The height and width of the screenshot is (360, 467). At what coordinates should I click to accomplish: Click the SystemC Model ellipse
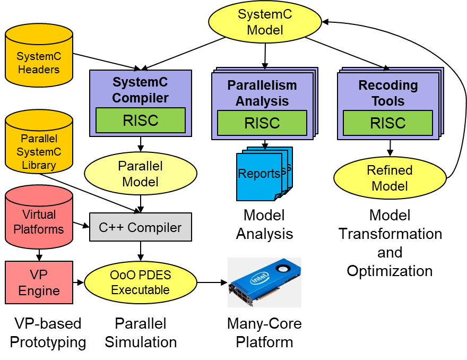click(x=265, y=22)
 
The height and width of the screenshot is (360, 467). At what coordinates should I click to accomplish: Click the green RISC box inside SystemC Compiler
click(x=140, y=120)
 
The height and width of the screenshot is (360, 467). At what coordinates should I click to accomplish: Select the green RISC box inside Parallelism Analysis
click(x=262, y=123)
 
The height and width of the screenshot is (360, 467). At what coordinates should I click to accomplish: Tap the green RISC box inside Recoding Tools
click(x=388, y=123)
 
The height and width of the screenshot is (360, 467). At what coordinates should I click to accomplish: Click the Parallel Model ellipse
click(x=140, y=174)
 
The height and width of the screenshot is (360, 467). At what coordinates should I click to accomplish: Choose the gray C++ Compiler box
click(x=140, y=227)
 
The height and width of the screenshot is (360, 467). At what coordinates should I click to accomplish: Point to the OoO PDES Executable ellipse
click(x=140, y=282)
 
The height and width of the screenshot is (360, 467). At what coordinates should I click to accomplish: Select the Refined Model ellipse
click(x=390, y=178)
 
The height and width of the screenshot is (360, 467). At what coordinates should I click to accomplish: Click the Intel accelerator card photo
click(x=264, y=282)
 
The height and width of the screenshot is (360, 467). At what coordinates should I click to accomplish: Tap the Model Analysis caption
click(x=264, y=224)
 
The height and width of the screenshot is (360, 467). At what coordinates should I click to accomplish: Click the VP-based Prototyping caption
click(x=48, y=332)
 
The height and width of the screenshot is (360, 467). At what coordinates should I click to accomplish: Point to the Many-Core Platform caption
click(x=264, y=332)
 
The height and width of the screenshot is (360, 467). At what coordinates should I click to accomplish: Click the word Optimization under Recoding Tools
click(x=390, y=271)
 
